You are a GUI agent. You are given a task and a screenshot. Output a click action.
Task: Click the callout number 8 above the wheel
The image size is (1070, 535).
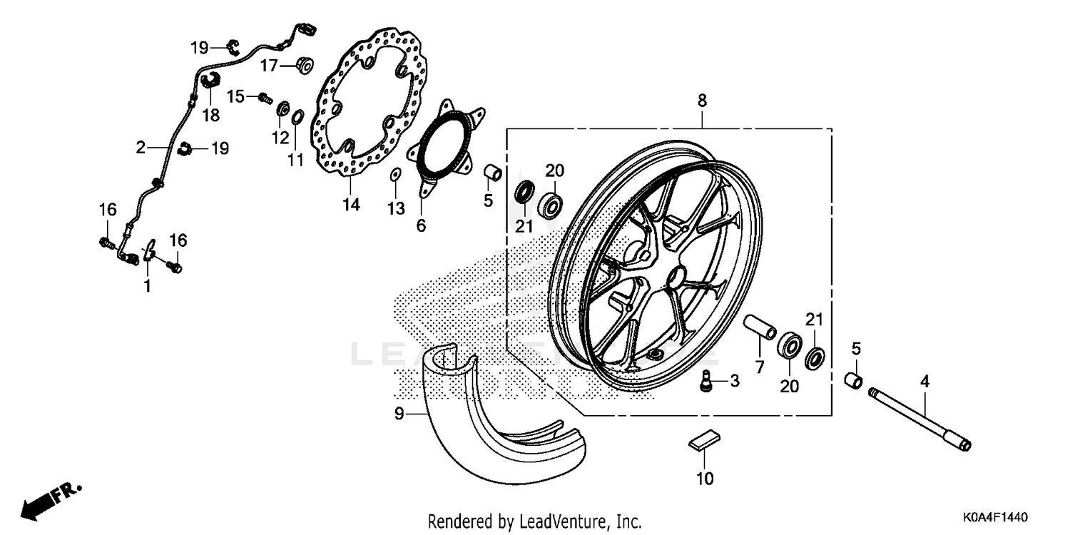[702, 101]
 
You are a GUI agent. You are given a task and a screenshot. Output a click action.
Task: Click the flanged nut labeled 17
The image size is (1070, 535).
[302, 66]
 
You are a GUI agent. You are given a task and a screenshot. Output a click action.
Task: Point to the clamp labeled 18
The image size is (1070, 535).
[210, 81]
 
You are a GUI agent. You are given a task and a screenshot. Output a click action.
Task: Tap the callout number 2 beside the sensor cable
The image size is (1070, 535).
[141, 148]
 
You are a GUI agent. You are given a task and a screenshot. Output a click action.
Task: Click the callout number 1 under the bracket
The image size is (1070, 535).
[147, 286]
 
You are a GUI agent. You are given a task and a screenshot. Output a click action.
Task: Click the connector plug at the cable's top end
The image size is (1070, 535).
[307, 30]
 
